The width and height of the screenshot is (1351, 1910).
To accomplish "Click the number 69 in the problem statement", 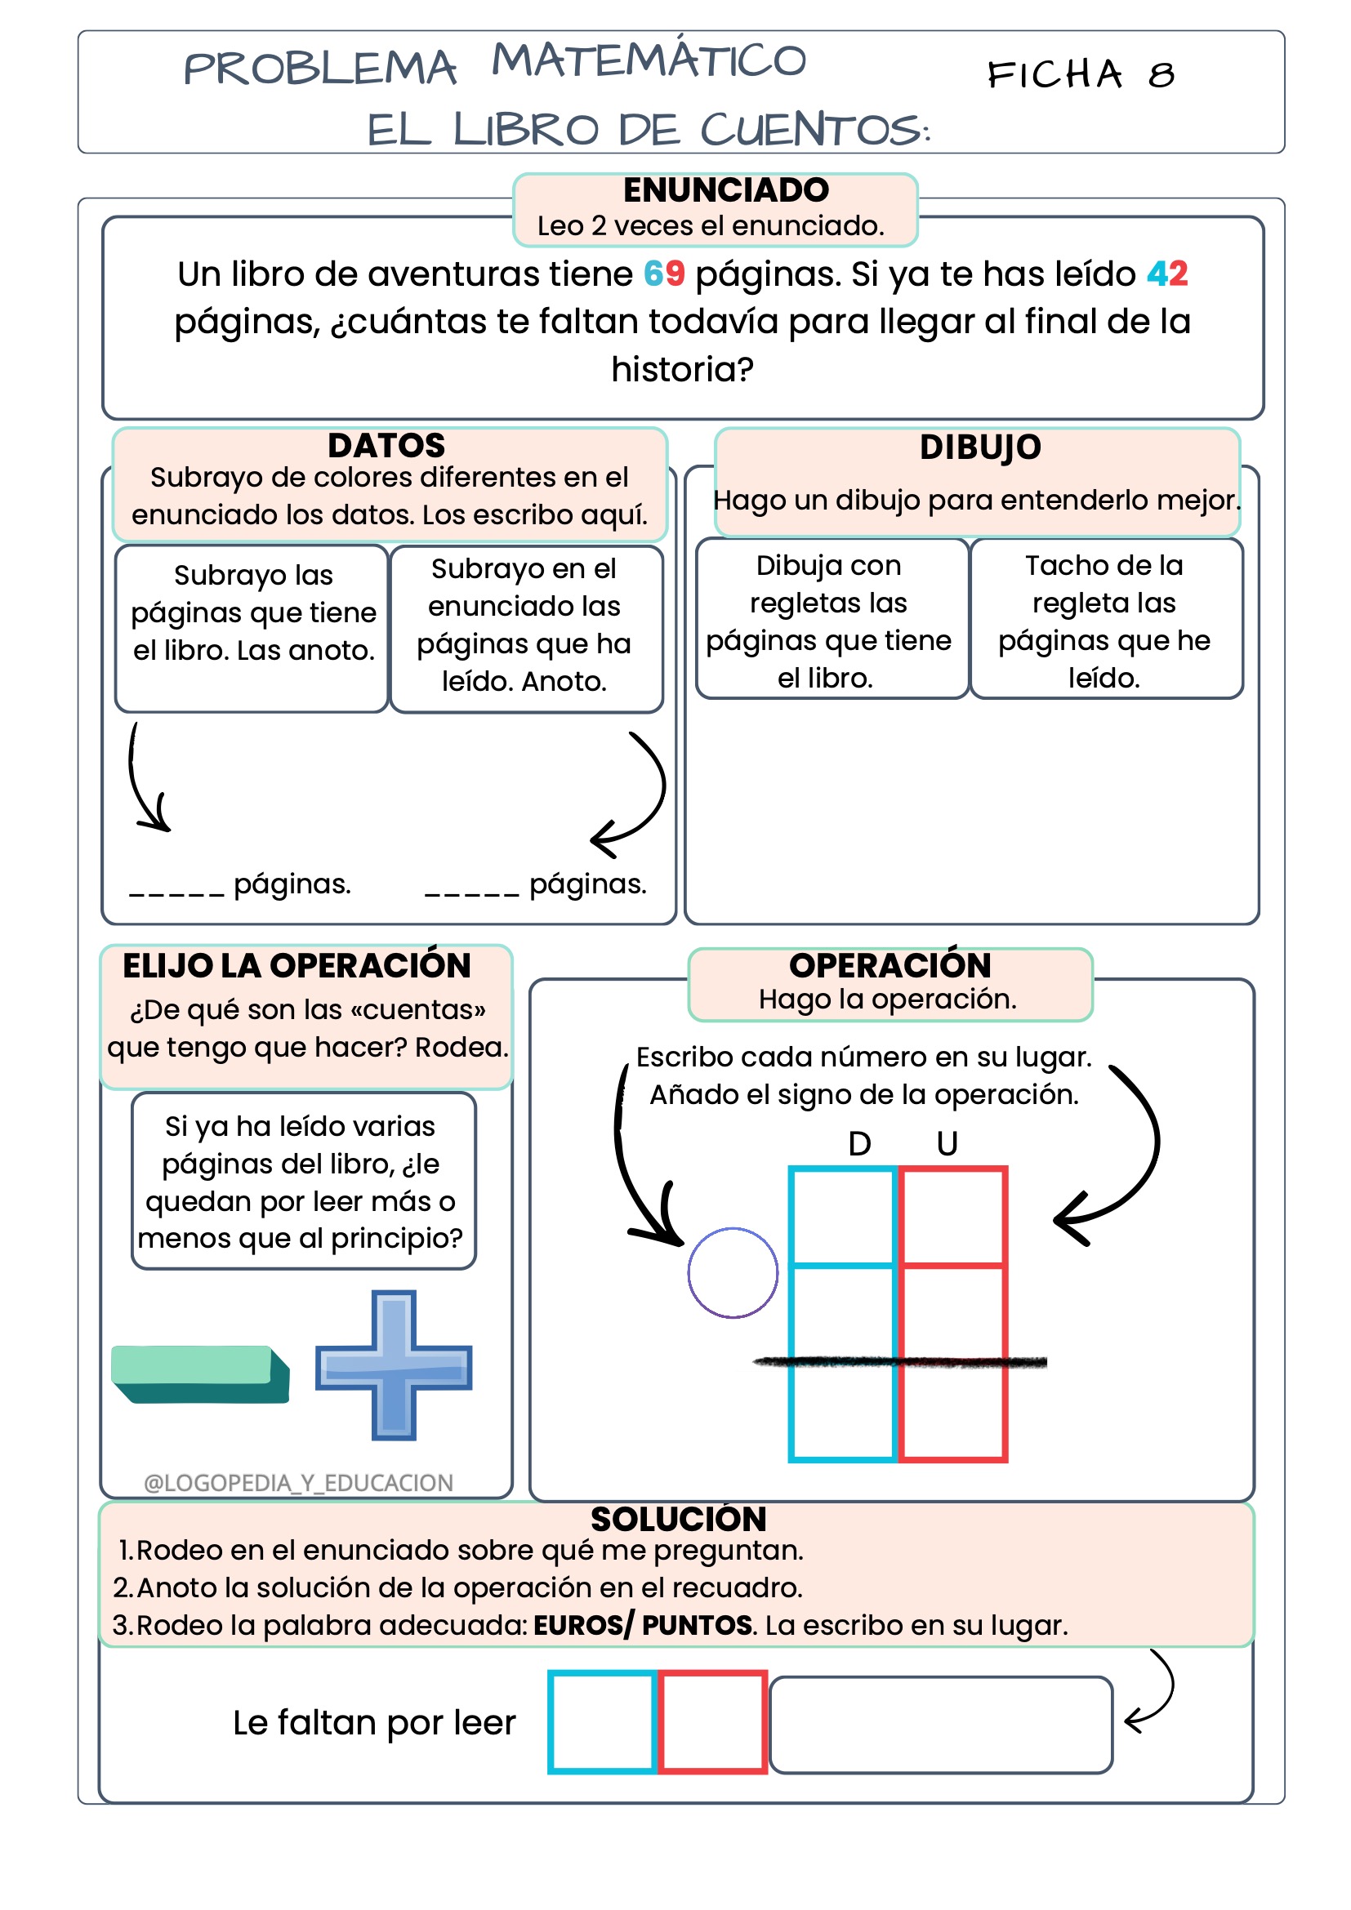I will click(x=664, y=274).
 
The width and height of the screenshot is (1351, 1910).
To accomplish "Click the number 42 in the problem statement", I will click(x=1167, y=274).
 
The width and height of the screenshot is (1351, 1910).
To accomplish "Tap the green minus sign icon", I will click(x=200, y=1374).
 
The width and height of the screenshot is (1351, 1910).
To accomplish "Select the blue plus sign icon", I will click(x=394, y=1365).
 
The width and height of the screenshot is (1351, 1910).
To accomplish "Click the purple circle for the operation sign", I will click(x=732, y=1273).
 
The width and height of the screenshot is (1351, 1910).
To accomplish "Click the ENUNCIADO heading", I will click(x=725, y=190).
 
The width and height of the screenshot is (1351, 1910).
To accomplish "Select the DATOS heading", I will click(x=386, y=446).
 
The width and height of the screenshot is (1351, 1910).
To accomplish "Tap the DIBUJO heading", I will click(x=980, y=447).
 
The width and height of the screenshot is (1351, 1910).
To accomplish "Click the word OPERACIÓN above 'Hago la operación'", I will click(x=890, y=965).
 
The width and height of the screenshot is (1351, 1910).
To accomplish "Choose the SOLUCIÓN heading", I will click(x=678, y=1519).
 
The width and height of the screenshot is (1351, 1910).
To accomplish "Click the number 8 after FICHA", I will click(x=1162, y=76).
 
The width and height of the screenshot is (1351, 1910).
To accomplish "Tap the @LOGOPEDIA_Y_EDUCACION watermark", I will click(x=299, y=1483).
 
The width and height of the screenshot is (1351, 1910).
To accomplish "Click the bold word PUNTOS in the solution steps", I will click(x=697, y=1625).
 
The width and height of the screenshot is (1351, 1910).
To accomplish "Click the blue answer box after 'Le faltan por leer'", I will click(x=602, y=1721).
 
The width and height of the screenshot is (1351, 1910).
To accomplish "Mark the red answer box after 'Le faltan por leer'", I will click(x=713, y=1721).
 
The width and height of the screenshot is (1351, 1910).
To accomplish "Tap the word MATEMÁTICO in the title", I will click(x=649, y=60).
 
